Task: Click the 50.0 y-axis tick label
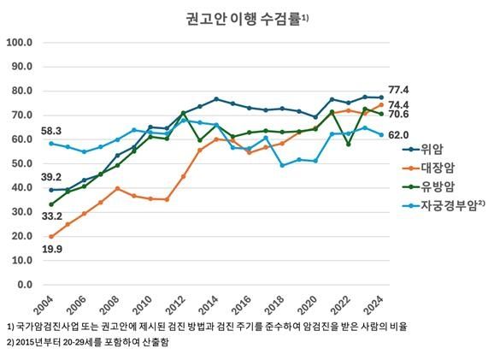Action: coord(21,163)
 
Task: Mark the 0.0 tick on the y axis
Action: coord(24,284)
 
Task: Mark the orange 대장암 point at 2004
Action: coord(51,236)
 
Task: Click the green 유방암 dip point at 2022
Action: coord(348,144)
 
